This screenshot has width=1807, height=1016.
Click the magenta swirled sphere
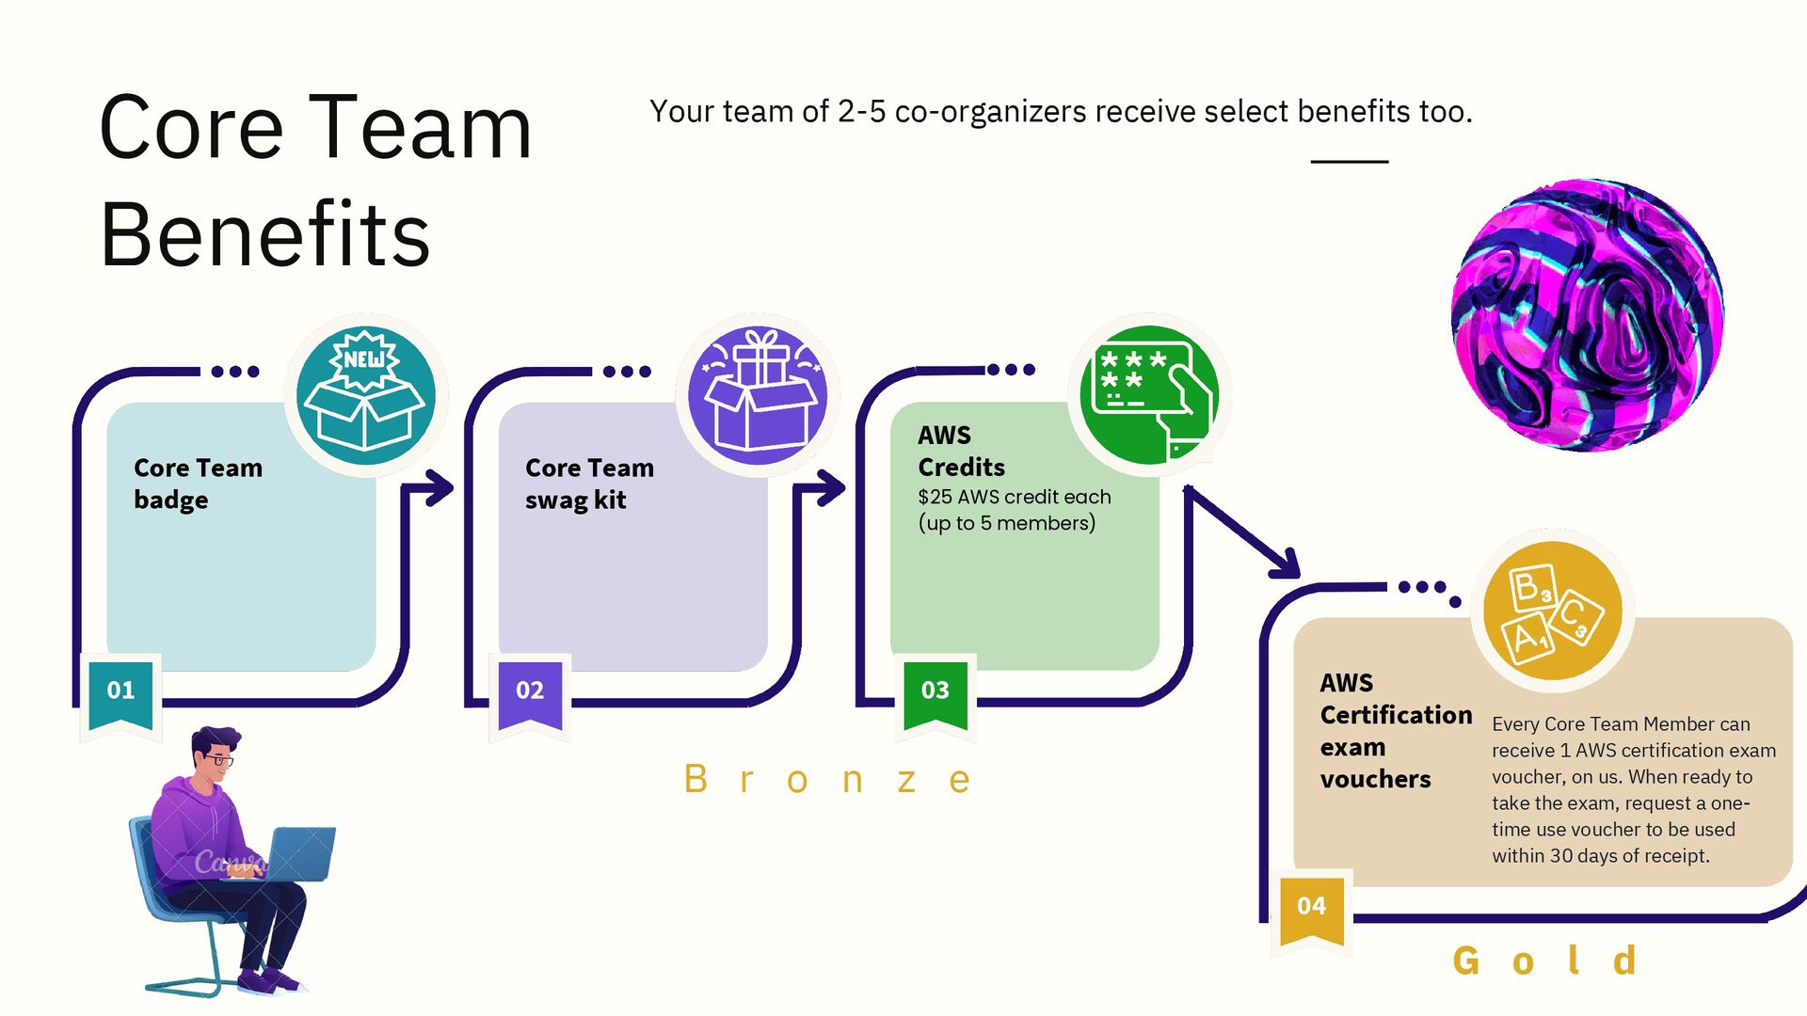point(1588,315)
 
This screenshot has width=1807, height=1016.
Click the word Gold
point(1544,961)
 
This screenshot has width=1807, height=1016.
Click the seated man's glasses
point(218,758)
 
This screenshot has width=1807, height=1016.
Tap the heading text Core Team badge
point(198,484)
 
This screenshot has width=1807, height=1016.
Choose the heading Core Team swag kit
point(589,484)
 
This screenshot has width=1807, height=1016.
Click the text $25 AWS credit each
point(1014,497)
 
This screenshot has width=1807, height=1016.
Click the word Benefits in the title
point(264,235)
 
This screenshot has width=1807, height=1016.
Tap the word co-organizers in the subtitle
point(990,112)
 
